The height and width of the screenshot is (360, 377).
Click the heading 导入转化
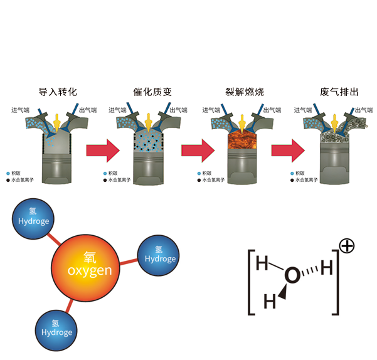click(58, 92)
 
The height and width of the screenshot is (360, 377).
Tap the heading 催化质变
click(152, 92)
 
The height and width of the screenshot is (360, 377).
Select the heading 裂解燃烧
click(245, 92)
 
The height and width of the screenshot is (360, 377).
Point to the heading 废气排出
click(339, 92)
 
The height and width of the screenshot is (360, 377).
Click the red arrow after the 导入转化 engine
click(103, 151)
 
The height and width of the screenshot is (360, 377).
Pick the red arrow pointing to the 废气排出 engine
click(288, 151)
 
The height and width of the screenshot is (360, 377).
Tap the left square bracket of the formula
click(252, 282)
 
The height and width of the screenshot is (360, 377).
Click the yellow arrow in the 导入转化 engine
click(58, 122)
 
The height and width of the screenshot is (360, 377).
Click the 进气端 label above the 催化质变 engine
click(118, 110)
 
